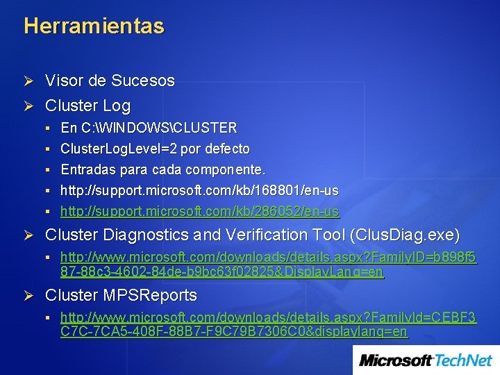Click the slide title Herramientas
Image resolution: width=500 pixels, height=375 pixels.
coord(94,26)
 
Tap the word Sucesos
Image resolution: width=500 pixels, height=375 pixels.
coord(143,81)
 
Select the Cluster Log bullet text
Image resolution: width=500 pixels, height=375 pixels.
coord(87,106)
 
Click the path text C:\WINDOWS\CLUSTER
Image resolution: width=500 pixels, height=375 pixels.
coord(159,128)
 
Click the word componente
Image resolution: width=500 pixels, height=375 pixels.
coord(226,169)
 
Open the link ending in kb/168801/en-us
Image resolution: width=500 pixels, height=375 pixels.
coord(199,190)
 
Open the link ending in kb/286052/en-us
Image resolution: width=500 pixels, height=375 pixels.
coord(199,211)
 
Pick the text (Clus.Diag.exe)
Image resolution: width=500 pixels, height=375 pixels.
coord(406,235)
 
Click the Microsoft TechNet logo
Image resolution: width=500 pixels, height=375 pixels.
coord(425,360)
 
